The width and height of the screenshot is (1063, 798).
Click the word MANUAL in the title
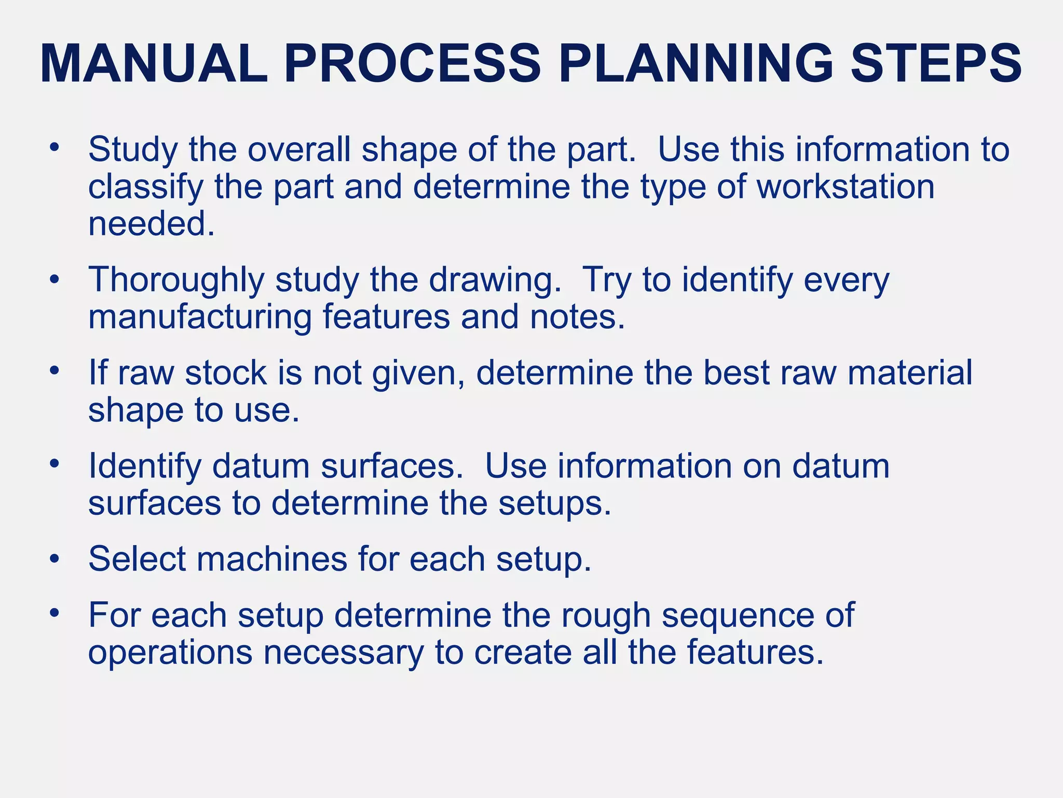click(154, 64)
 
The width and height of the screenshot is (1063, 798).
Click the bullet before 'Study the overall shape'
click(54, 147)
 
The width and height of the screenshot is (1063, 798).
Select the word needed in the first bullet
click(151, 224)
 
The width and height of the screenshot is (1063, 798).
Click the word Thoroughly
click(176, 281)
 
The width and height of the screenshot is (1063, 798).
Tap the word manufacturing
click(200, 317)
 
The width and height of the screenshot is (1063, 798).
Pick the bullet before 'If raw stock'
click(54, 371)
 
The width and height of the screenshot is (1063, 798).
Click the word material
click(909, 373)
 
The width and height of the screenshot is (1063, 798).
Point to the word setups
click(555, 503)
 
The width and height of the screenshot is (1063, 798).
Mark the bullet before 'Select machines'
click(54, 558)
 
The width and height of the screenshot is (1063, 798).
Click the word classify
click(145, 187)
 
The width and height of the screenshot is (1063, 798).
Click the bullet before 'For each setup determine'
click(54, 614)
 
